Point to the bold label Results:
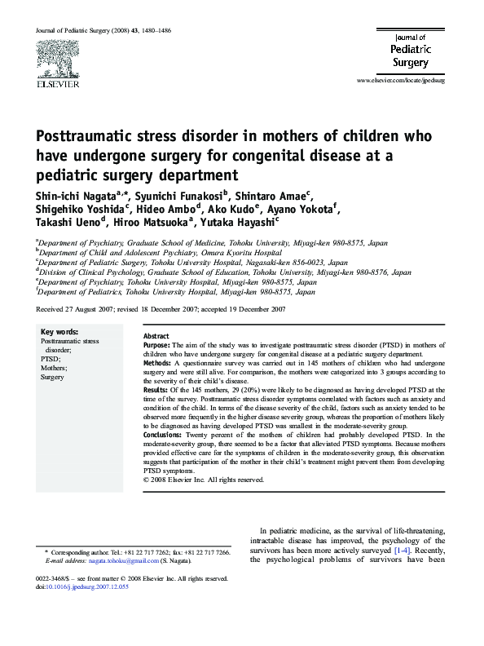[x=158, y=392]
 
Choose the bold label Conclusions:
[x=165, y=436]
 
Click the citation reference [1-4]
[x=402, y=551]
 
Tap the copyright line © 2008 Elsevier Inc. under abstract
[x=204, y=480]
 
